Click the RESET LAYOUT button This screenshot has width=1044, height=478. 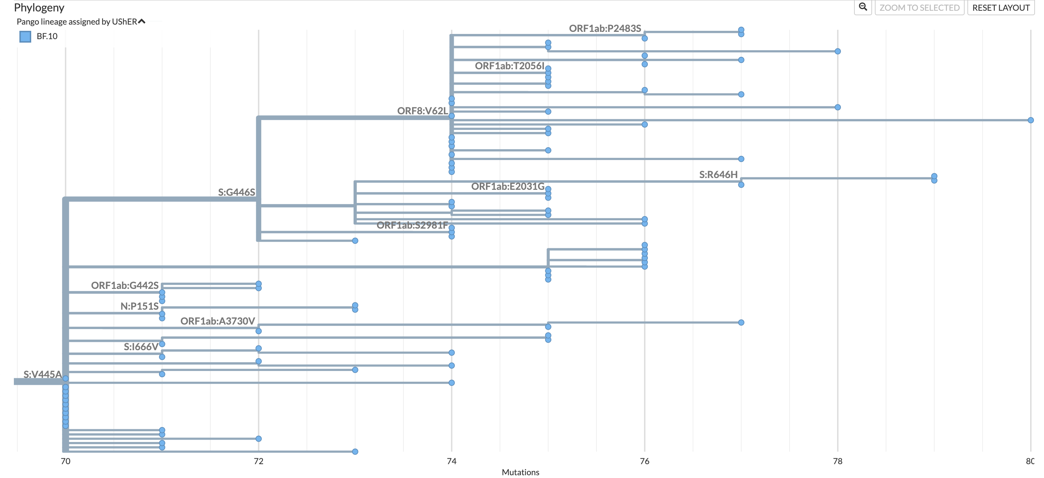pyautogui.click(x=1001, y=8)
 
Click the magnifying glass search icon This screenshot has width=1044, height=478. pyautogui.click(x=863, y=7)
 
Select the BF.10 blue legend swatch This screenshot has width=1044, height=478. pyautogui.click(x=25, y=36)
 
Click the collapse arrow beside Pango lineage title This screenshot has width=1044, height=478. pyautogui.click(x=141, y=21)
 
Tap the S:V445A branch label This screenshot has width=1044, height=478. pyautogui.click(x=43, y=374)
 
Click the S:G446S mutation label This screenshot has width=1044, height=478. pyautogui.click(x=237, y=193)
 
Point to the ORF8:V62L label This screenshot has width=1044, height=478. pyautogui.click(x=422, y=111)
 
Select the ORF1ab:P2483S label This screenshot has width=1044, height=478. pyautogui.click(x=605, y=28)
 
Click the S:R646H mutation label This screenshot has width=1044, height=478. pyautogui.click(x=718, y=175)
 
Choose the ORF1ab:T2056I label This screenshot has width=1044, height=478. pyautogui.click(x=510, y=66)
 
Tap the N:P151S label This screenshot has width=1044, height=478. pyautogui.click(x=139, y=306)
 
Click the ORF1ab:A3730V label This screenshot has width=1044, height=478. pyautogui.click(x=218, y=321)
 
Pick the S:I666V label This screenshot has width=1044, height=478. pyautogui.click(x=141, y=347)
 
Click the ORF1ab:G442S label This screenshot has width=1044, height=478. pyautogui.click(x=125, y=285)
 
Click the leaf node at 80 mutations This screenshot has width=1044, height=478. pyautogui.click(x=1030, y=120)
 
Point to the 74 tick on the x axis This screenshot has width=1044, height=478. pyautogui.click(x=452, y=461)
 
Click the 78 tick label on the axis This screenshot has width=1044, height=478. pyautogui.click(x=838, y=461)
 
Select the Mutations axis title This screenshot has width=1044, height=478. pyautogui.click(x=520, y=472)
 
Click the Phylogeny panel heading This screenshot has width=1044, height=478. pyautogui.click(x=39, y=8)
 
